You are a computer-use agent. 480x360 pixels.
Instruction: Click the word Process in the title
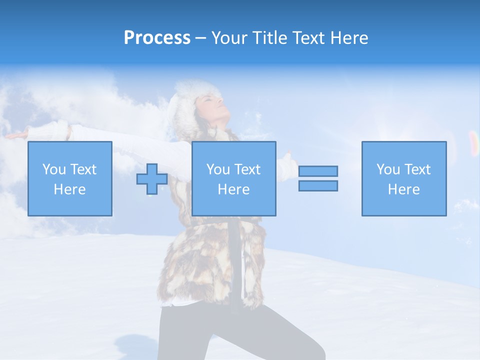(x=157, y=38)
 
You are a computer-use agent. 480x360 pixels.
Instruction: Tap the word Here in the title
(x=348, y=38)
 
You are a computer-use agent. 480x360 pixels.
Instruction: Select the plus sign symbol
(x=152, y=179)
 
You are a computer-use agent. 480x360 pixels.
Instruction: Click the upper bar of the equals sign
(x=318, y=171)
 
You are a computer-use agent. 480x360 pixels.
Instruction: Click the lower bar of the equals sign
(x=318, y=185)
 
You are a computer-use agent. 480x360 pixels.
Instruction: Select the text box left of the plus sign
(x=70, y=178)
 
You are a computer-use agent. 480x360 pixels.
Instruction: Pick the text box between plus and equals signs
(x=233, y=178)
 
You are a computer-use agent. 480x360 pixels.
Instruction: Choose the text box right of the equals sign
(x=404, y=178)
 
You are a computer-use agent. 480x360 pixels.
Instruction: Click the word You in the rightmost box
(x=388, y=169)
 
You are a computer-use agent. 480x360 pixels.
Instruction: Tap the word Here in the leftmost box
(x=70, y=189)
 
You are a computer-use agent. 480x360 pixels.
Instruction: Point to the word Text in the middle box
(x=248, y=169)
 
